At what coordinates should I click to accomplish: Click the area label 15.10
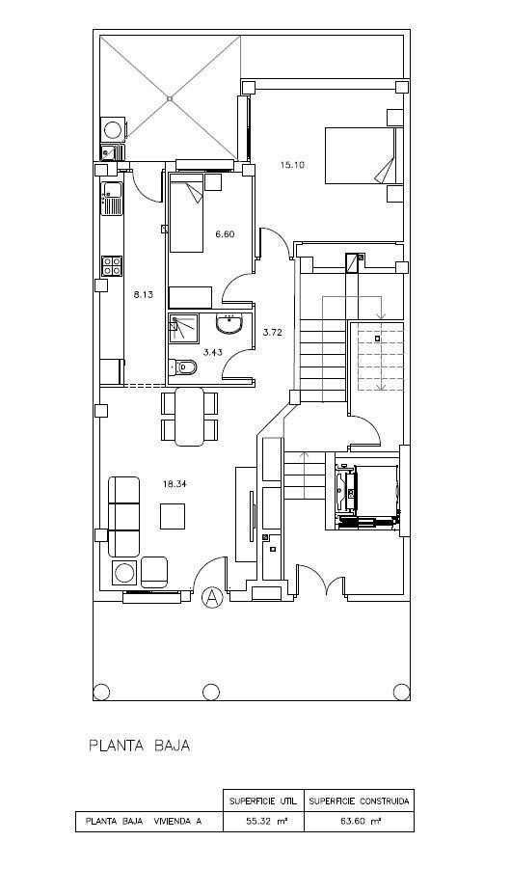[292, 165]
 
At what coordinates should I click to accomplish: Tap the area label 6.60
[226, 234]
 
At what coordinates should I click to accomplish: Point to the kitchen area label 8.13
[143, 295]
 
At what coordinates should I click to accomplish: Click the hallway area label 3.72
[272, 332]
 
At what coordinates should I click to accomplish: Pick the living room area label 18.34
[174, 484]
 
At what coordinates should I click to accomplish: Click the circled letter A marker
[213, 598]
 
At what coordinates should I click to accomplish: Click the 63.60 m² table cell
[360, 823]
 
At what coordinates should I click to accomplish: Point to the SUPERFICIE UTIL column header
[262, 801]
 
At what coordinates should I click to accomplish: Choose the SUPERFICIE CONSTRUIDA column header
[360, 801]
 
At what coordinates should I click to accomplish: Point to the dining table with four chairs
[190, 417]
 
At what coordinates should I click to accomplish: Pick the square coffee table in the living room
[174, 517]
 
